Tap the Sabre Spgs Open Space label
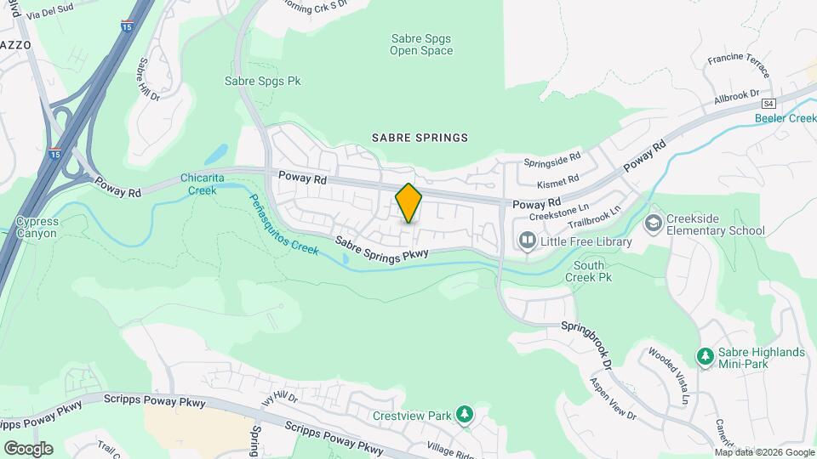click(421, 44)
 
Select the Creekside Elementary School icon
click(654, 224)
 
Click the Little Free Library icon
click(528, 242)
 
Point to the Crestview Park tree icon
click(464, 415)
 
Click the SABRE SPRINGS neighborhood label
click(420, 138)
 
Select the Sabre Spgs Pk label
click(263, 82)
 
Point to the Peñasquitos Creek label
click(283, 224)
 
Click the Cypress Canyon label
click(37, 227)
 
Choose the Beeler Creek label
click(785, 118)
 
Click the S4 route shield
click(769, 103)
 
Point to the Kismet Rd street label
click(557, 181)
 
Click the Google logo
click(28, 448)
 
